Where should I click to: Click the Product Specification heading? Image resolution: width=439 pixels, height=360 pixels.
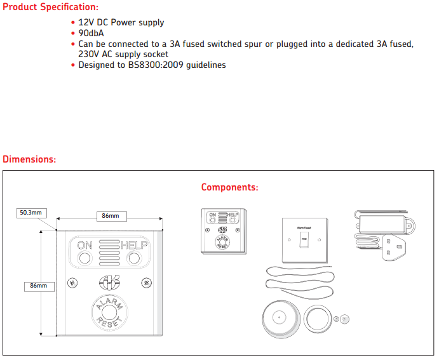(x=51, y=7)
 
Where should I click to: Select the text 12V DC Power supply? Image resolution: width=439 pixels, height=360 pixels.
(x=121, y=22)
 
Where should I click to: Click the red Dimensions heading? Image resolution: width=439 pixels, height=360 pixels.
(x=29, y=159)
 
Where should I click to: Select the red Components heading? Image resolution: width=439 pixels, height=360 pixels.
(x=229, y=187)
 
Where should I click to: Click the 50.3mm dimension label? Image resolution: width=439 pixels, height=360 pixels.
(x=31, y=213)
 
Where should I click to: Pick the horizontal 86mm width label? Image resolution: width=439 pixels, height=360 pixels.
(x=111, y=216)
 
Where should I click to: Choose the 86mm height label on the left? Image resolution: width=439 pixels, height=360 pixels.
(x=39, y=286)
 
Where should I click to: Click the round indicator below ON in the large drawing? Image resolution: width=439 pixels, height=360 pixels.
(x=85, y=258)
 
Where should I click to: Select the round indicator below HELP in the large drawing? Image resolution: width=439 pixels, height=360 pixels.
(x=134, y=258)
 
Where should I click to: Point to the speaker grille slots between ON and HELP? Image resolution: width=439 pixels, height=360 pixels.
(x=109, y=251)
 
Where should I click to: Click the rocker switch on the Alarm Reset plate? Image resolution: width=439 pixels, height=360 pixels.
(x=304, y=241)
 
